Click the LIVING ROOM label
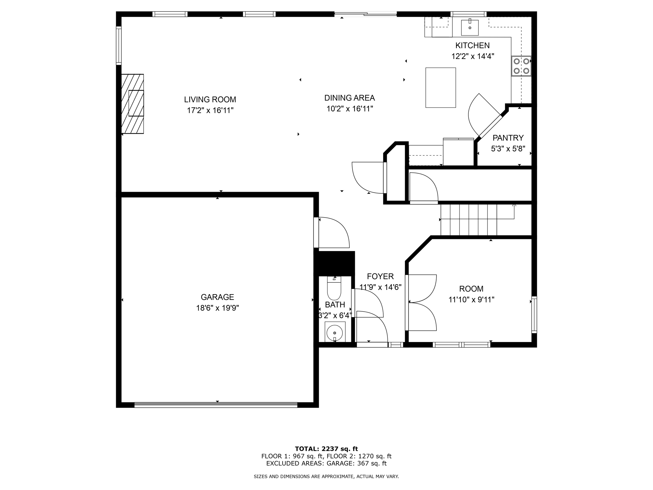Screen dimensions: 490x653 (x=210, y=100)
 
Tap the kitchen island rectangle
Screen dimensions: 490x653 (x=440, y=87)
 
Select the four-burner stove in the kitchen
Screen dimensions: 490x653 (x=521, y=66)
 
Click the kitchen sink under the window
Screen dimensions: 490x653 (x=470, y=27)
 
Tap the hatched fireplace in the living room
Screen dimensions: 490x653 (x=132, y=104)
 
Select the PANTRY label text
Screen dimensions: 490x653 (x=508, y=138)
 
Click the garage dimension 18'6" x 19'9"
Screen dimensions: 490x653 (x=217, y=308)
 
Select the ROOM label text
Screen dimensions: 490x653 (x=471, y=289)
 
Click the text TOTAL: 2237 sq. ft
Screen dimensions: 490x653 (x=326, y=449)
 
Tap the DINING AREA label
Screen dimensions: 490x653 (x=349, y=98)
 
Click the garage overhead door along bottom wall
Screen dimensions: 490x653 (x=216, y=405)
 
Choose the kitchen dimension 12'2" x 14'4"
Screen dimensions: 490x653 (x=473, y=56)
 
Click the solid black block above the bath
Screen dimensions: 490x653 (x=334, y=263)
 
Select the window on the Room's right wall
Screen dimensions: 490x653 (x=534, y=315)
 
